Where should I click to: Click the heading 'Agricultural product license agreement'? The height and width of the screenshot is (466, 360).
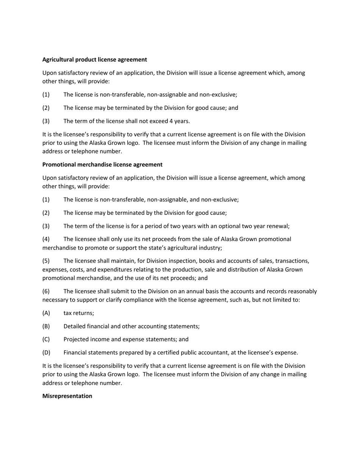tap(94, 59)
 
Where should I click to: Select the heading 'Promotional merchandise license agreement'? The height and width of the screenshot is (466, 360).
tap(102, 164)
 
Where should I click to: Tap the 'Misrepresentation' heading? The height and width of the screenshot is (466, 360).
tap(67, 396)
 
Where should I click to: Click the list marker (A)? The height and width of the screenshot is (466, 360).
tap(46, 313)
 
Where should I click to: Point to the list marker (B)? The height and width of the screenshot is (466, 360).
tap(46, 326)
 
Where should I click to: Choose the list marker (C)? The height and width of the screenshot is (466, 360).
tap(46, 339)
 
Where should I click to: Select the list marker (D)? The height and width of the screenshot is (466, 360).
tap(46, 353)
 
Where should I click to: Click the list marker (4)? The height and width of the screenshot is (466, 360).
tap(46, 239)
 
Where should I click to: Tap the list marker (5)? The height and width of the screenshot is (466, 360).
tap(46, 261)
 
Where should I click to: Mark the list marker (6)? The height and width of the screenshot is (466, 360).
tap(46, 291)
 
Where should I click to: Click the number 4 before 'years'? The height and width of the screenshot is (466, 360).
tap(171, 121)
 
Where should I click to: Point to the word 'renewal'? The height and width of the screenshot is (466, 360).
tap(277, 226)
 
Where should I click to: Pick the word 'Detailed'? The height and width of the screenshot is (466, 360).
tap(75, 326)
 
